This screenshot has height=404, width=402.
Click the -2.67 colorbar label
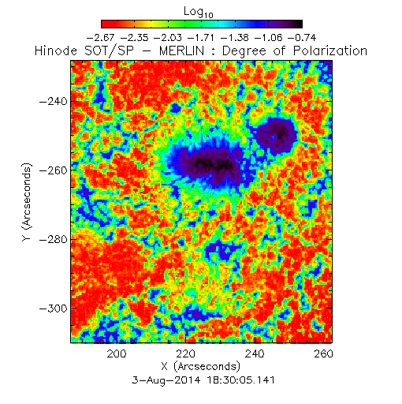(100, 38)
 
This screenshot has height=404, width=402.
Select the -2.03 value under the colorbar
(168, 38)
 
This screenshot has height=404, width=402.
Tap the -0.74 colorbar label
(302, 38)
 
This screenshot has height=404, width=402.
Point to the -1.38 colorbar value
(235, 38)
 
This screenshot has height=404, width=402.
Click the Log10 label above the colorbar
(199, 12)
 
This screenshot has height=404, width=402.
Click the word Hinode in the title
(56, 50)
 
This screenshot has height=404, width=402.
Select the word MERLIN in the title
(181, 50)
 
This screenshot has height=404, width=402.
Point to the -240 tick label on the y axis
(54, 101)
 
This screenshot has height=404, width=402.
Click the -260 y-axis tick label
(54, 170)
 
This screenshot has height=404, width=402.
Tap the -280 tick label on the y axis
(54, 239)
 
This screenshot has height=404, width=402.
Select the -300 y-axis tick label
(54, 309)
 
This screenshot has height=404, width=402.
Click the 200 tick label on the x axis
(117, 353)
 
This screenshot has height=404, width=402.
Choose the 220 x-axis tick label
(185, 353)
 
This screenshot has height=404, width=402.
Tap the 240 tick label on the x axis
(255, 353)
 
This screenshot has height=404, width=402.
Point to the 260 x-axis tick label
(323, 353)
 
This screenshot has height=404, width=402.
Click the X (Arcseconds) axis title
(201, 366)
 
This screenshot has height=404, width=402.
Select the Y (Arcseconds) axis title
(27, 202)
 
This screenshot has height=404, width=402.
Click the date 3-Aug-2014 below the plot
(166, 380)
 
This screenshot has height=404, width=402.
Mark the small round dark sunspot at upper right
(276, 136)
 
